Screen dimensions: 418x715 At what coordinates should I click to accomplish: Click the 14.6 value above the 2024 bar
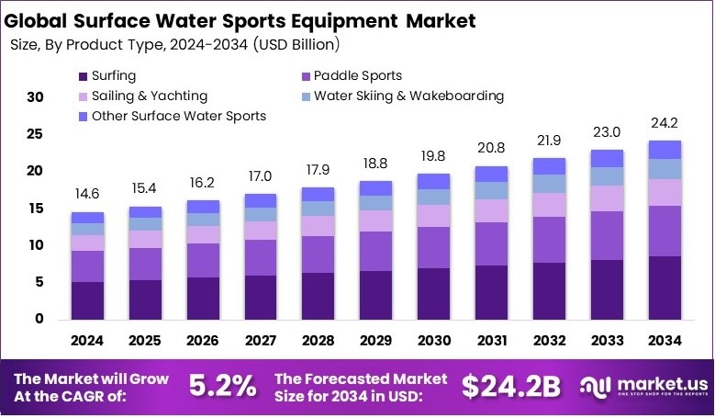pyautogui.click(x=87, y=194)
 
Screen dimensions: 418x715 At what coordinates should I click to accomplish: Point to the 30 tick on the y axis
pyautogui.click(x=35, y=96)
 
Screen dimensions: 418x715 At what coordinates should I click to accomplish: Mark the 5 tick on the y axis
pyautogui.click(x=39, y=282)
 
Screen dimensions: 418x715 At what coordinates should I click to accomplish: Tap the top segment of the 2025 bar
pyautogui.click(x=145, y=211)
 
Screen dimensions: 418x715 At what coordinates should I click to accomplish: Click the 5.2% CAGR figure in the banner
pyautogui.click(x=223, y=387)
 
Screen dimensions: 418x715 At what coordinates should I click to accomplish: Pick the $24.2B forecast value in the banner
pyautogui.click(x=510, y=387)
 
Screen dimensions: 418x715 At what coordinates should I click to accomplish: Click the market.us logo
pyautogui.click(x=642, y=387)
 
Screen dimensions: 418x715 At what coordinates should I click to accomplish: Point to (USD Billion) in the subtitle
pyautogui.click(x=286, y=43)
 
